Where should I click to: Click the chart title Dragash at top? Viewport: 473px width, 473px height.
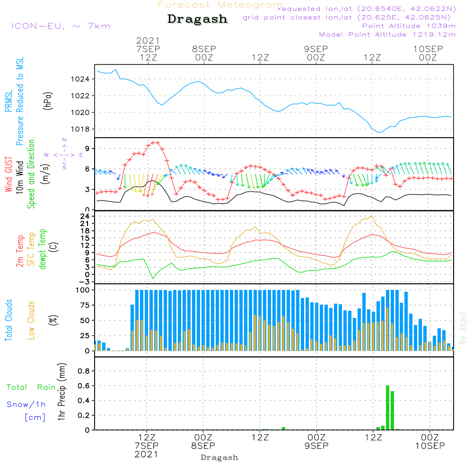point(197,19)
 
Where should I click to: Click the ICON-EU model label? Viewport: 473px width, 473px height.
point(61,26)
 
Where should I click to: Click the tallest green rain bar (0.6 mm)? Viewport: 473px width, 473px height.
point(387,407)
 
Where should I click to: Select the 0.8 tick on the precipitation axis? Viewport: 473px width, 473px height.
point(83,371)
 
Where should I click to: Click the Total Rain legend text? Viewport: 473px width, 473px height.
point(31,387)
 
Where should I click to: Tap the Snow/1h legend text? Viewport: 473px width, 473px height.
point(26,404)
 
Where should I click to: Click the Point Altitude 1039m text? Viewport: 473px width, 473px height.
point(409,26)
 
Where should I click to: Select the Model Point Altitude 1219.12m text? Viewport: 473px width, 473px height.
point(387,35)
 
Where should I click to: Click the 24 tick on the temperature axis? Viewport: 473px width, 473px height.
point(86,217)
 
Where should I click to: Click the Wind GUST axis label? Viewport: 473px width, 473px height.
point(9,175)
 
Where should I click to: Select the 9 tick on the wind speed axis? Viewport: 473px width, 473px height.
point(88,149)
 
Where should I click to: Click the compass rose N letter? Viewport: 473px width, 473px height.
point(64,140)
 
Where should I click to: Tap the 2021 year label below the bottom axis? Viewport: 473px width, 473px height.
point(146,454)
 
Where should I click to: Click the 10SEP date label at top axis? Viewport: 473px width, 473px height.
point(428,49)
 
